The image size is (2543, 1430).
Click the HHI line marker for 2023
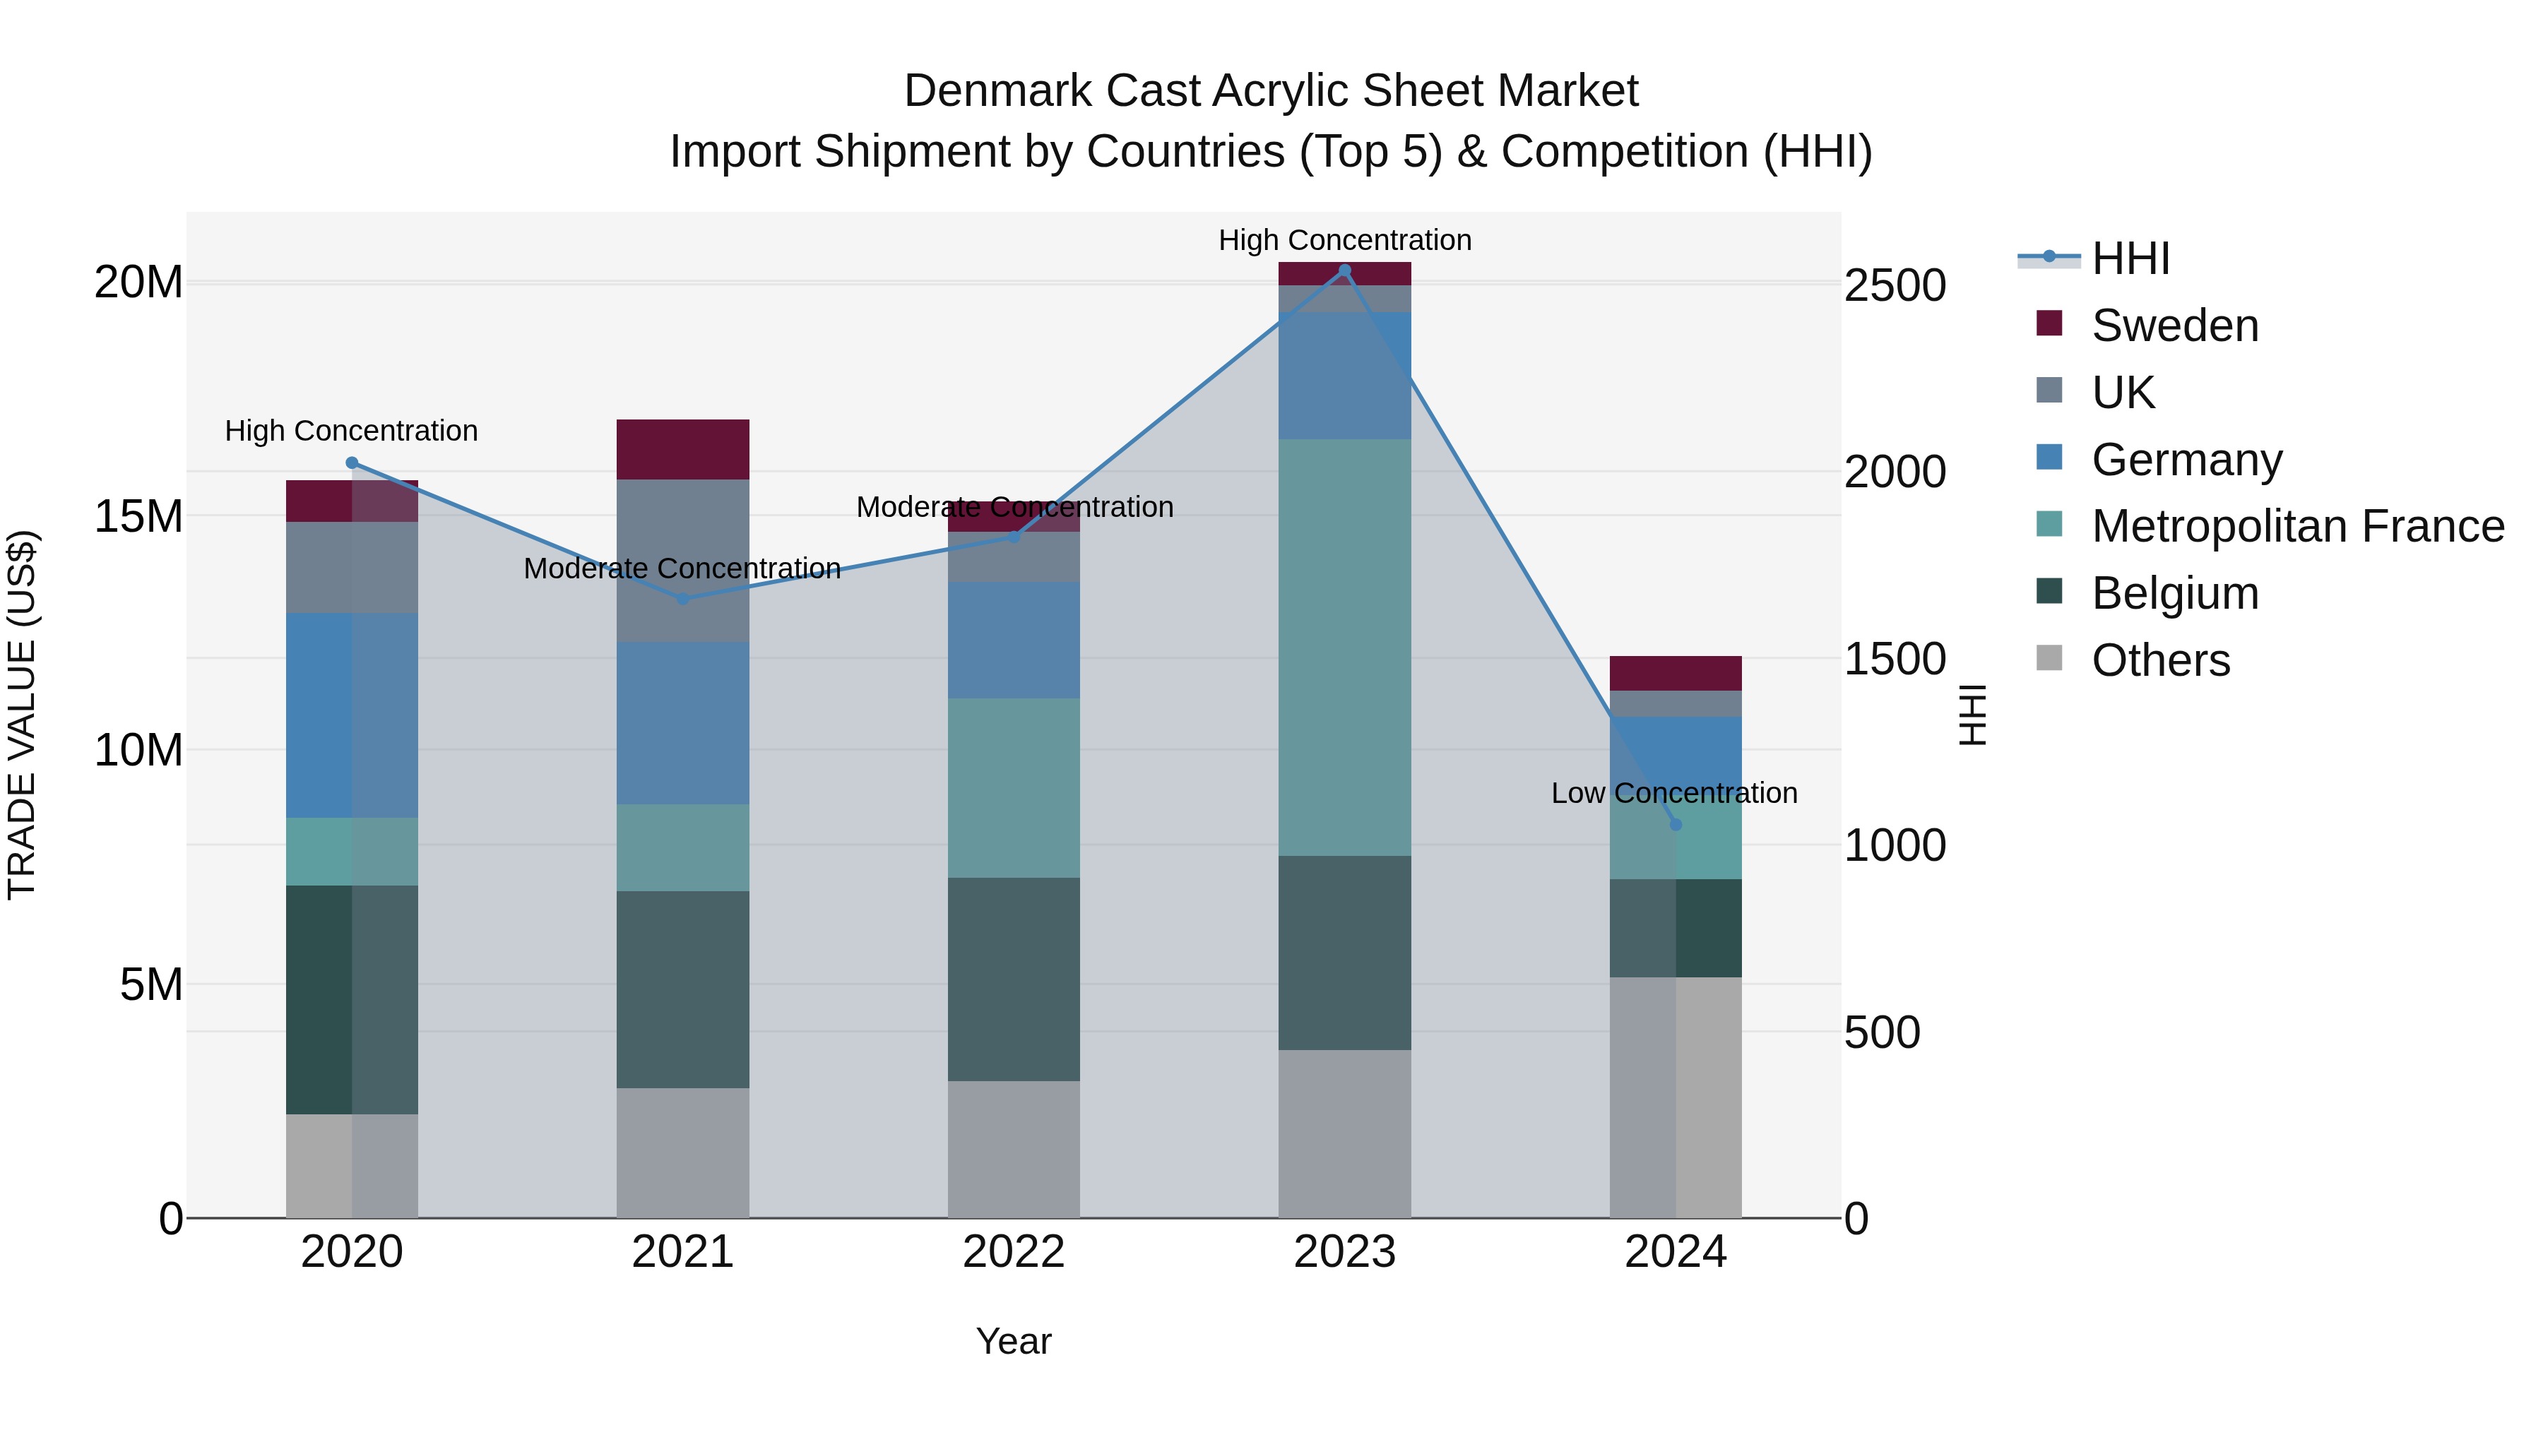[x=1344, y=270]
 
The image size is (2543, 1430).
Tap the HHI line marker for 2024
[x=1676, y=824]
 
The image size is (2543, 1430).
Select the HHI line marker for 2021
[x=682, y=599]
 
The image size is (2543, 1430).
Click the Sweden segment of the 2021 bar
[x=682, y=450]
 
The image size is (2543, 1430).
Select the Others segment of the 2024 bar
[x=1676, y=1097]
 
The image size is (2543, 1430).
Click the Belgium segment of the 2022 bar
[x=1013, y=979]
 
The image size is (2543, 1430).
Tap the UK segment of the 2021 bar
[x=682, y=561]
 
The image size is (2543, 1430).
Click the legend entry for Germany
[x=2186, y=460]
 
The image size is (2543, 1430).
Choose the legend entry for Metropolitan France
[x=2296, y=527]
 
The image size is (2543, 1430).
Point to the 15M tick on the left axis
[x=138, y=516]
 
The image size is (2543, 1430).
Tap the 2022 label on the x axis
[x=1013, y=1252]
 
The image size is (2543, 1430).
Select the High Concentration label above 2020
[x=352, y=431]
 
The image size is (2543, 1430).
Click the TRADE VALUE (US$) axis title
[x=22, y=715]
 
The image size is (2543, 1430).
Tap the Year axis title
[x=1013, y=1341]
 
